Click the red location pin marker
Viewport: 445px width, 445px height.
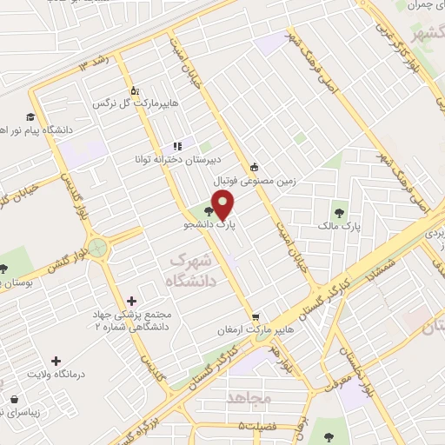(223, 205)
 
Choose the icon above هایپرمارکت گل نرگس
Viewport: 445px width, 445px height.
(134, 90)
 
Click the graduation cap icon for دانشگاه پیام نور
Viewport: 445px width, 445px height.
(30, 116)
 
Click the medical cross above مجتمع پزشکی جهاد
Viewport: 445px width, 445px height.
(131, 300)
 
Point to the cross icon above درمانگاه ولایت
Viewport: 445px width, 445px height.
(57, 360)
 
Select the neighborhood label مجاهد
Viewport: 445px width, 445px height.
(250, 397)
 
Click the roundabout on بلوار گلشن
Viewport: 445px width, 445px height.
(98, 249)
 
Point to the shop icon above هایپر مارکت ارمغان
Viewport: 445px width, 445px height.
(254, 317)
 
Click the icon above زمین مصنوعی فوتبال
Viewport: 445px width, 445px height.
(254, 169)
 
